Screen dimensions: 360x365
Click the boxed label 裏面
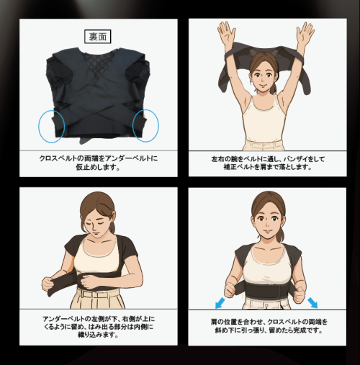pyautogui.click(x=97, y=37)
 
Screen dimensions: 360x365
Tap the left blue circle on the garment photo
pyautogui.click(x=39, y=126)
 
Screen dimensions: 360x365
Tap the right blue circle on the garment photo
pyautogui.click(x=158, y=125)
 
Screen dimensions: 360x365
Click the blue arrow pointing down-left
pyautogui.click(x=220, y=303)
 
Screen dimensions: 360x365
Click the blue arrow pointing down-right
pyautogui.click(x=312, y=303)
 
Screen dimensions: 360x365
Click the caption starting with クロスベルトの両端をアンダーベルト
pyautogui.click(x=99, y=163)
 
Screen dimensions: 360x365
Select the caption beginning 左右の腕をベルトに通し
pyautogui.click(x=268, y=163)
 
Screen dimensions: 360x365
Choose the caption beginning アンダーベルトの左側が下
pyautogui.click(x=99, y=327)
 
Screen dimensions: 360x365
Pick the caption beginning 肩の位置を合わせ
pyautogui.click(x=269, y=326)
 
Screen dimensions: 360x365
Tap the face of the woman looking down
pyautogui.click(x=96, y=225)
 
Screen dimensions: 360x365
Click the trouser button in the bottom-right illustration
pyautogui.click(x=266, y=305)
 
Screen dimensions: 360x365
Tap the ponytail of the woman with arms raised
pyautogui.click(x=274, y=87)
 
